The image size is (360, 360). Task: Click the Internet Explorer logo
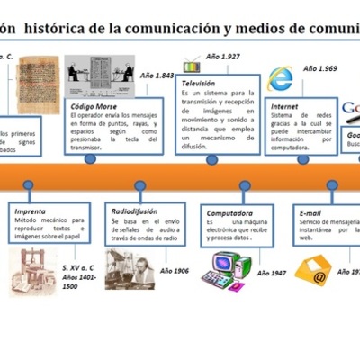[282, 80]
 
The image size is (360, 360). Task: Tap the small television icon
[192, 66]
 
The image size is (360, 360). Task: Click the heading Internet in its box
[283, 106]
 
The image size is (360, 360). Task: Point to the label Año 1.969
[320, 67]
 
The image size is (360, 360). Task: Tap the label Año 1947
[271, 272]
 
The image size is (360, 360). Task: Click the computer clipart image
[224, 266]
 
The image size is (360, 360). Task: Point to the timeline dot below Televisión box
[211, 159]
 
